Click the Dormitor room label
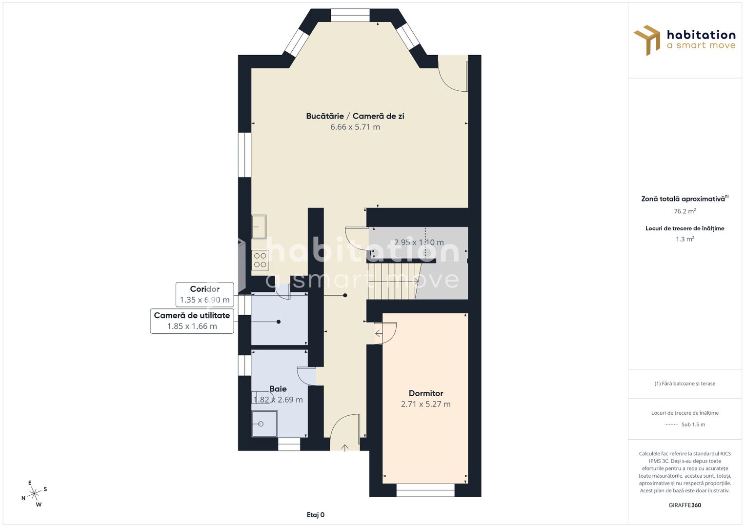[x=425, y=393]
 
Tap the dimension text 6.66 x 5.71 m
[x=355, y=127]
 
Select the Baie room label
[x=278, y=389]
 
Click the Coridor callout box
[x=204, y=294]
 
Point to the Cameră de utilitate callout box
[x=192, y=321]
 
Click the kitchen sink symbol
[x=259, y=227]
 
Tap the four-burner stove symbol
[x=260, y=261]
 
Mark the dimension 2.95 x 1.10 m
[x=419, y=243]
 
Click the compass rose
[x=34, y=494]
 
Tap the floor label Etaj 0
[x=316, y=515]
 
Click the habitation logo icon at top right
[x=647, y=40]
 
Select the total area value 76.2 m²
[x=685, y=211]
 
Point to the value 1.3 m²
[x=685, y=239]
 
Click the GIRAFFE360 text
[x=685, y=505]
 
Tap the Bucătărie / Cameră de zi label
[x=355, y=116]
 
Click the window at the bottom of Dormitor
[x=425, y=490]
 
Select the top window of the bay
[x=350, y=15]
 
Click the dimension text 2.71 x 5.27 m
[x=425, y=404]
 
